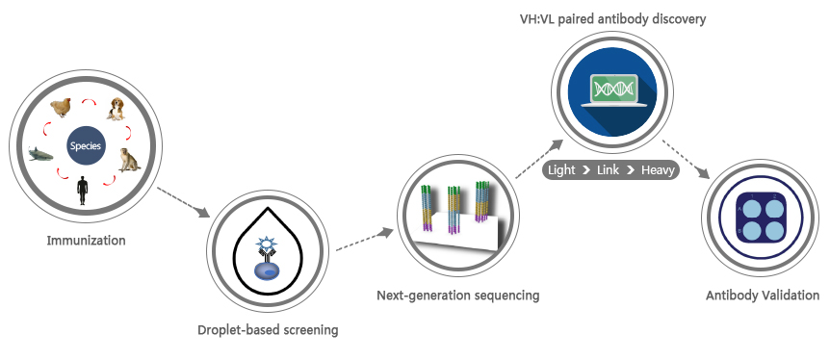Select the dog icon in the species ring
(116, 110)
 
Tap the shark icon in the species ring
(40, 152)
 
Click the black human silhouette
(83, 189)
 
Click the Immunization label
(86, 240)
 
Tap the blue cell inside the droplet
(267, 271)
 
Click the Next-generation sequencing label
(457, 295)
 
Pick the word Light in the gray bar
(562, 170)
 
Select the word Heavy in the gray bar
(659, 170)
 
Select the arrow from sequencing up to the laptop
(539, 159)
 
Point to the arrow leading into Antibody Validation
(687, 159)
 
